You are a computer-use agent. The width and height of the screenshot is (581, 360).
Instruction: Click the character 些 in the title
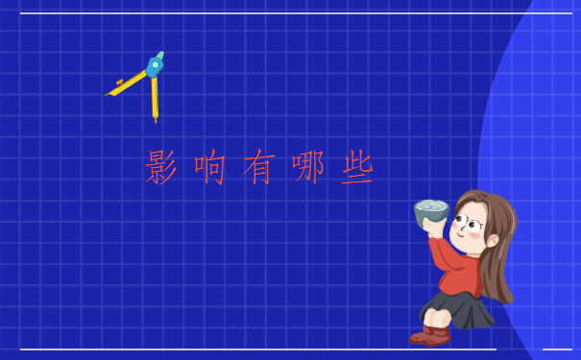(x=356, y=167)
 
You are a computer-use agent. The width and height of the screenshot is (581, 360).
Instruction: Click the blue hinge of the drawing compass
(x=154, y=68)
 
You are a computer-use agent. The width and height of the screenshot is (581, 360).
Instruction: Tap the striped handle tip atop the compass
(x=160, y=55)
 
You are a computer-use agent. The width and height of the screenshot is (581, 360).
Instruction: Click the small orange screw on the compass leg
(x=120, y=84)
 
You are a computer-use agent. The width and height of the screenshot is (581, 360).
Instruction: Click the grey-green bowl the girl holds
(x=431, y=213)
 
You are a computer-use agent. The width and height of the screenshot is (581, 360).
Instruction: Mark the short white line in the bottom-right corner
(x=557, y=348)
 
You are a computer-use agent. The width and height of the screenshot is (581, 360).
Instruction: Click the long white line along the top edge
(x=288, y=13)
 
